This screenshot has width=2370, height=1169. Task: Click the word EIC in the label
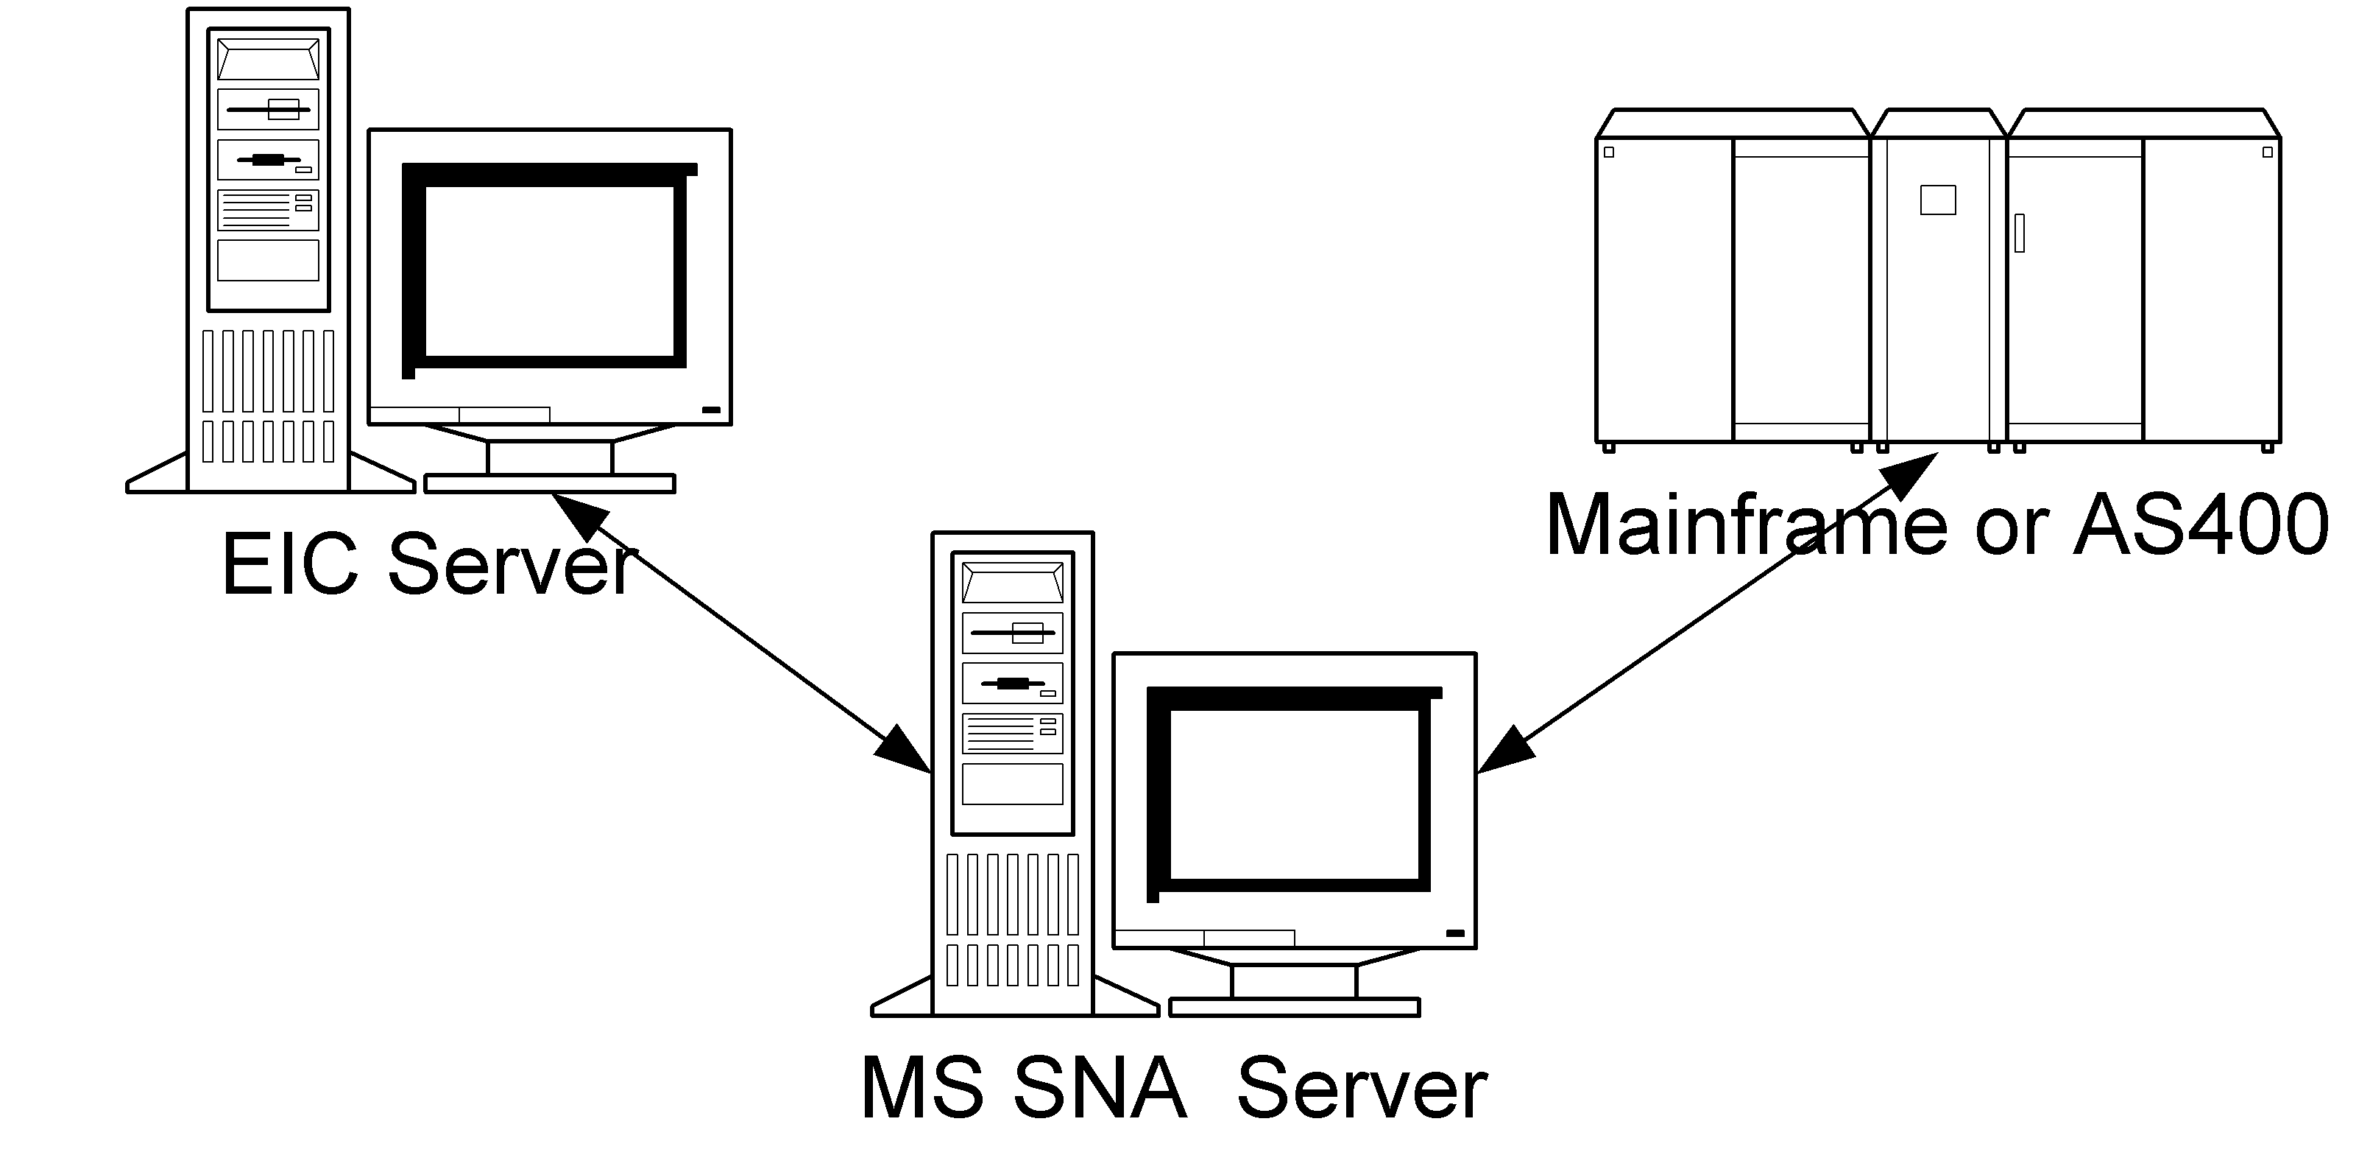click(290, 564)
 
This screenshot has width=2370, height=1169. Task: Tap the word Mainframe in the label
click(1747, 526)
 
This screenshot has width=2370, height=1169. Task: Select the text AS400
click(2199, 526)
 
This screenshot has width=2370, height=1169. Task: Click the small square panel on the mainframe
click(1937, 200)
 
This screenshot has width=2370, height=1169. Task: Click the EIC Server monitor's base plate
click(549, 484)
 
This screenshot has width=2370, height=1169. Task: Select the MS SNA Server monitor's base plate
click(1294, 1007)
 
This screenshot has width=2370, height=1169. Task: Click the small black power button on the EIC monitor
click(710, 410)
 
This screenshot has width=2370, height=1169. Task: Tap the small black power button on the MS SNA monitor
click(1454, 933)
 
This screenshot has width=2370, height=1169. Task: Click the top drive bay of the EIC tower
click(268, 59)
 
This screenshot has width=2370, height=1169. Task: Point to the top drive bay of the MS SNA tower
click(1012, 583)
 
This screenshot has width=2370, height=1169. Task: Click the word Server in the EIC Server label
click(512, 564)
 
